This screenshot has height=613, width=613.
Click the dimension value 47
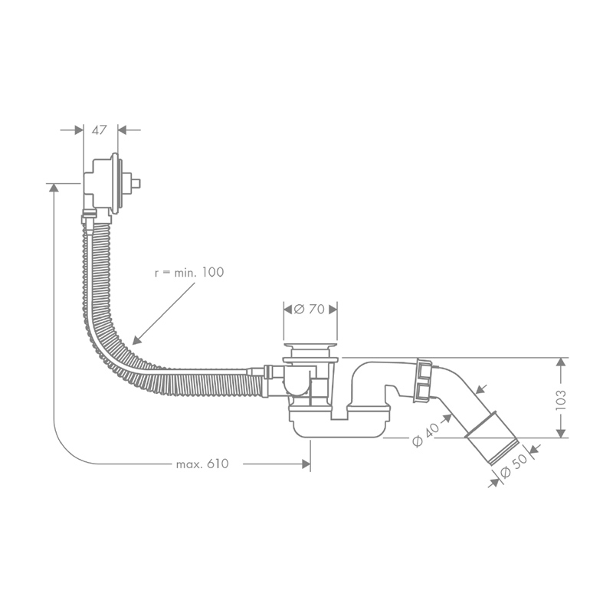pos(99,129)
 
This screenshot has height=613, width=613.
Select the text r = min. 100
pos(189,272)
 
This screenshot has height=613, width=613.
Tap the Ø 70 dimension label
pos(310,310)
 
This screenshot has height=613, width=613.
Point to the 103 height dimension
pos(561,399)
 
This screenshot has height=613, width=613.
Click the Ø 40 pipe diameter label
pos(426,435)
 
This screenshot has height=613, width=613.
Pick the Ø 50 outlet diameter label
pos(513,466)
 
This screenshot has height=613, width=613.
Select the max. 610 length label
pos(202,464)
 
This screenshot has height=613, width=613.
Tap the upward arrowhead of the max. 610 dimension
pos(54,188)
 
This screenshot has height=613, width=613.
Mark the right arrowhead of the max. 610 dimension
pos(306,464)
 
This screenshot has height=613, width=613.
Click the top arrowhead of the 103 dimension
pos(561,362)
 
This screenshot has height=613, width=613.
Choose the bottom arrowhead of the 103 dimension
pos(561,433)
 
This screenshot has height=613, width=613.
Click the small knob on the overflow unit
pos(136,183)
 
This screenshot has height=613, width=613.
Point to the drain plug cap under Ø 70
pos(310,346)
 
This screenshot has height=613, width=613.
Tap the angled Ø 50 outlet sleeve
pos(492,438)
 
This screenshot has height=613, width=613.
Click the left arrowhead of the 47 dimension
pos(79,129)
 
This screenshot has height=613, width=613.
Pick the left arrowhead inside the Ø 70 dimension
pos(289,310)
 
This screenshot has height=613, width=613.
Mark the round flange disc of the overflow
pos(114,183)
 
